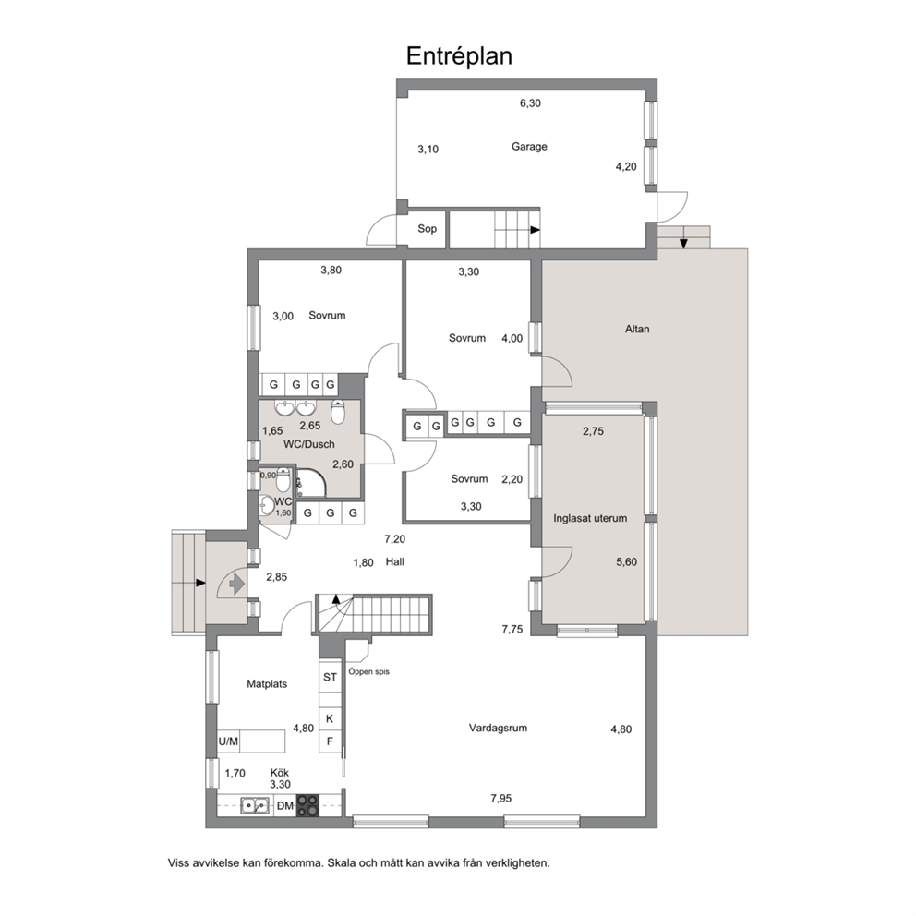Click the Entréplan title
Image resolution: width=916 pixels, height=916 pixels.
(459, 56)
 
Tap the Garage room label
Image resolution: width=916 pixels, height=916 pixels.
(529, 147)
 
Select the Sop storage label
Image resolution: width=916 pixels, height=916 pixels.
(427, 229)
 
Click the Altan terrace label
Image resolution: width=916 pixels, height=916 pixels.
(637, 329)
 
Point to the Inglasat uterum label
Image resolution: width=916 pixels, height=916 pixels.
(590, 518)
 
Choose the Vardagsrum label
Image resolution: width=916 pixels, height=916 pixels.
(498, 728)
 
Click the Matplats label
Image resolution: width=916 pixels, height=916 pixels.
(267, 684)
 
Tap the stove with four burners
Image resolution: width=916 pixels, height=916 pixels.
(307, 805)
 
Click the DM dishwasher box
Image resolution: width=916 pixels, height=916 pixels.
(285, 806)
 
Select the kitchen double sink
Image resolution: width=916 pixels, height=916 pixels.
(255, 806)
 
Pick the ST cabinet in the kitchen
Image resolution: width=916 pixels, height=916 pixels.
(330, 677)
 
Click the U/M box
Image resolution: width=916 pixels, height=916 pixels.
(228, 741)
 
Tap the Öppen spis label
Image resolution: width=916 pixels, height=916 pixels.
(369, 672)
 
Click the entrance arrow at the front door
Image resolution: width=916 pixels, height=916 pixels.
(236, 583)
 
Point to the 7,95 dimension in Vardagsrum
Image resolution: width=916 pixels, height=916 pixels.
(501, 799)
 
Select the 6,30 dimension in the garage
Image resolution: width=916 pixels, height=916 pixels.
(530, 103)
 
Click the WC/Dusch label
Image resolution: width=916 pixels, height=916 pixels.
(309, 444)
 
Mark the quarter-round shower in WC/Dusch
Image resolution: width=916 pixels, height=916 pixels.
(310, 483)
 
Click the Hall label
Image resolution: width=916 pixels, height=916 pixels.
(395, 562)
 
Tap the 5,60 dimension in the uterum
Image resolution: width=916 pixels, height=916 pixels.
(626, 562)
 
